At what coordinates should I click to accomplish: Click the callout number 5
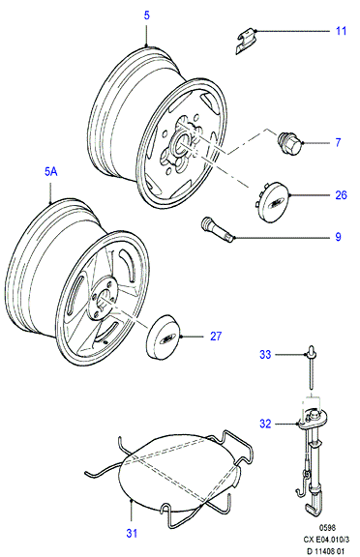147,15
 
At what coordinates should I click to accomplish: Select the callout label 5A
51,172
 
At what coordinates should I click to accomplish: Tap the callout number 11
342,31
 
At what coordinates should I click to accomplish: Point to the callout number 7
338,142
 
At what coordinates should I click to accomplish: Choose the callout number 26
341,195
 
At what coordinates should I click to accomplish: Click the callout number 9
338,237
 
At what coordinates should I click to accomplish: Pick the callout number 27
216,337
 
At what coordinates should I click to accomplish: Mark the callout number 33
265,354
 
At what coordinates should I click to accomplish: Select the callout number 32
265,424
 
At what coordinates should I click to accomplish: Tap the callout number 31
132,533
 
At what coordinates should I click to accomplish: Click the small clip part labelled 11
246,41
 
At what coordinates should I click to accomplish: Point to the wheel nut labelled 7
289,144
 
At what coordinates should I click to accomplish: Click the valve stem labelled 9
218,230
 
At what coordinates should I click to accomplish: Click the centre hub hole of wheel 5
184,143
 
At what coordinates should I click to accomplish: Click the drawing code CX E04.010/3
326,540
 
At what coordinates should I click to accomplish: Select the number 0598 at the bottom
326,528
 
